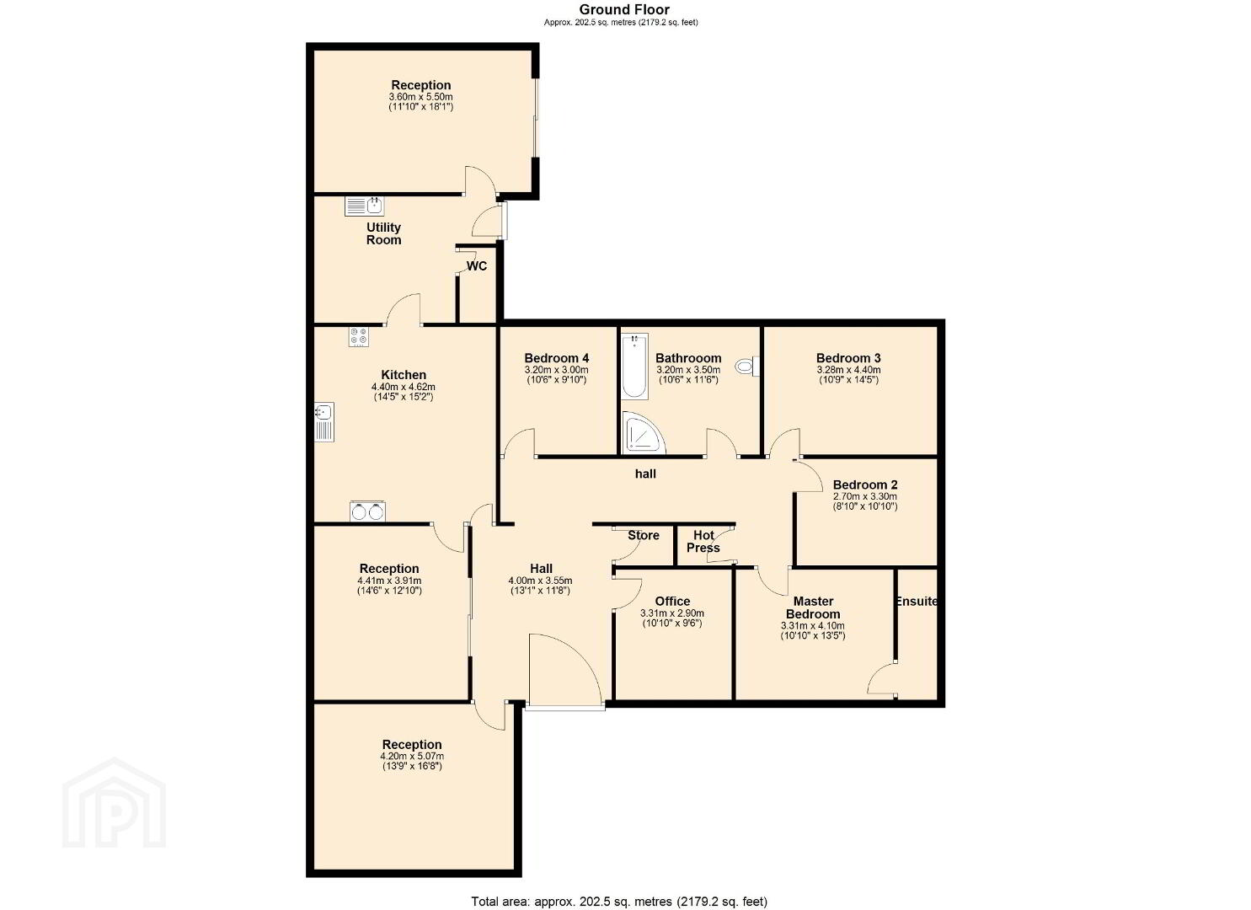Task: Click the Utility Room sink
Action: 364,206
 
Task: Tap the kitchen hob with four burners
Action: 359,337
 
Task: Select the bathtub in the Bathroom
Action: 635,366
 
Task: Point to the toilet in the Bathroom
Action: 746,367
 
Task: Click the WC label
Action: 476,266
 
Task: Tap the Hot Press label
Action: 703,541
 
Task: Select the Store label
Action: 644,535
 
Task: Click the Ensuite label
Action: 916,601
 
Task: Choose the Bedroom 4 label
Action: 556,358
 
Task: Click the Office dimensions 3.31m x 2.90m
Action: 672,613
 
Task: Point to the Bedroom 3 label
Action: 848,358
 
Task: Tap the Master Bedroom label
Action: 813,608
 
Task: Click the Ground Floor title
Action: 624,9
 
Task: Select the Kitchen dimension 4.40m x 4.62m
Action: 404,387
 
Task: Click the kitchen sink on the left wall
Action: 324,422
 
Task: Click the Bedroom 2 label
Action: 865,484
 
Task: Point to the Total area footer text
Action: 619,886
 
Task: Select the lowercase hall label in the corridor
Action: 645,474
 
